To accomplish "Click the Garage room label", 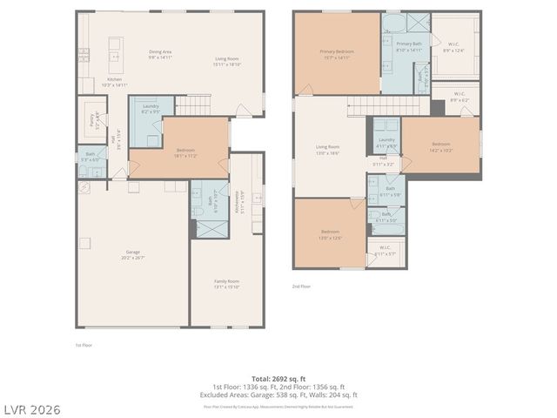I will pyautogui.click(x=132, y=254).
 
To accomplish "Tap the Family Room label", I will pyautogui.click(x=226, y=283).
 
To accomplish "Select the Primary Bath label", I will pyautogui.click(x=408, y=47).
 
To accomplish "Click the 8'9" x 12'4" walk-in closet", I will pyautogui.click(x=454, y=48).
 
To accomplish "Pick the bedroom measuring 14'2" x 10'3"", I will pyautogui.click(x=441, y=146).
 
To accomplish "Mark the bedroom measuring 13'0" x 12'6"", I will pyautogui.click(x=328, y=233).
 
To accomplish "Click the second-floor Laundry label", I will pyautogui.click(x=386, y=143).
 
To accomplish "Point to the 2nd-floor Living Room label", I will pyautogui.click(x=327, y=150).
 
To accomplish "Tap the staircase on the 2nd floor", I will pyautogui.click(x=388, y=106).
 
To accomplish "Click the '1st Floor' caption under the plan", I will pyautogui.click(x=84, y=345).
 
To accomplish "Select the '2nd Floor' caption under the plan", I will pyautogui.click(x=301, y=286).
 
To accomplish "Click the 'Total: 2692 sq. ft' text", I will pyautogui.click(x=278, y=379).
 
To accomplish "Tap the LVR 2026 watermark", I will pyautogui.click(x=31, y=408).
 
